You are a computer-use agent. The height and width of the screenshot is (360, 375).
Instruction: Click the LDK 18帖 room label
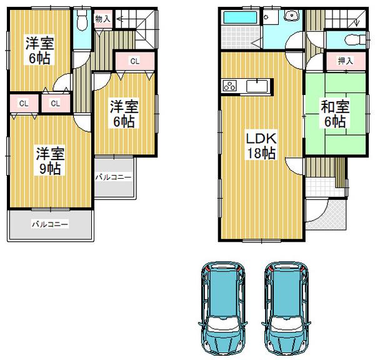(261, 146)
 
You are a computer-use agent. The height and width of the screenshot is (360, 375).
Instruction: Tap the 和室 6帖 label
(335, 114)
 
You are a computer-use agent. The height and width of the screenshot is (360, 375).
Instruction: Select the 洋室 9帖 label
(50, 161)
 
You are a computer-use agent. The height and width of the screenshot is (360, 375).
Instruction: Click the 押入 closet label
(346, 61)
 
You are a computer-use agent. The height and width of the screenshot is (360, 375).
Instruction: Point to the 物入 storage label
(102, 19)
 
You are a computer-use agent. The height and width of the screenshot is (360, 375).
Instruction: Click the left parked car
(222, 310)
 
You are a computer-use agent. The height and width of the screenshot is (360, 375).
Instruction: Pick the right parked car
(286, 310)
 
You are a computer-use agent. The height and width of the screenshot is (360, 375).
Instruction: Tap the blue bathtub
(240, 17)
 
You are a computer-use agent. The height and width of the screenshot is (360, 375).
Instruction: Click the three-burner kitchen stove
(230, 86)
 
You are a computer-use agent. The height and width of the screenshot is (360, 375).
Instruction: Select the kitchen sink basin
(257, 86)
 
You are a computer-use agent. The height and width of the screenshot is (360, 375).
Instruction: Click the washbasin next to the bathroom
(291, 15)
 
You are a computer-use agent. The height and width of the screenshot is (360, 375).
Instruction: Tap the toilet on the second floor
(82, 21)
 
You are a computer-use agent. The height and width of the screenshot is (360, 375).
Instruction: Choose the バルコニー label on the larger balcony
(50, 224)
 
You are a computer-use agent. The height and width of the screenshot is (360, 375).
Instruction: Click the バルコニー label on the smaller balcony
(113, 177)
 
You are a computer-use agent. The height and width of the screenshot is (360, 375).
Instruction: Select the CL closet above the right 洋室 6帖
(135, 61)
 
